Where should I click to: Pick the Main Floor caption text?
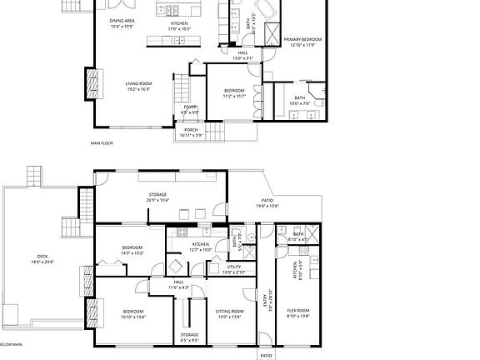102,143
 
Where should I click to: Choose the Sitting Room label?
228,312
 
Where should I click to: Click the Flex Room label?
297,312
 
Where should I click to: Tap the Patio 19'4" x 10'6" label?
268,202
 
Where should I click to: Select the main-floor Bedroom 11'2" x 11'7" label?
234,92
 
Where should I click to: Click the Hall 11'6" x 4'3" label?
178,284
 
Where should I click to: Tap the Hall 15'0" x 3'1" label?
242,56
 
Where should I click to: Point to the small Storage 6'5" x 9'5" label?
189,338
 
